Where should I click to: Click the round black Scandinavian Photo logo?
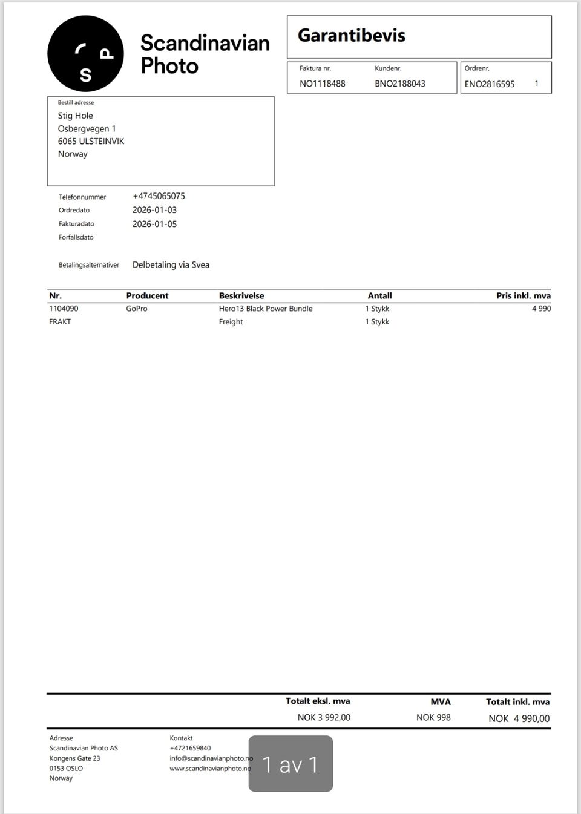click(85, 54)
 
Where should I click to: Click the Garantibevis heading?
click(351, 36)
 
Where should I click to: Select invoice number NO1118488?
click(322, 84)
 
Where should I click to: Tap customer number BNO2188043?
click(399, 84)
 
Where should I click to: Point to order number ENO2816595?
click(489, 84)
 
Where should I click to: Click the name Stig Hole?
click(75, 116)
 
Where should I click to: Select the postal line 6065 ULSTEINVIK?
click(91, 141)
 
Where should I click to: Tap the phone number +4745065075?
click(159, 196)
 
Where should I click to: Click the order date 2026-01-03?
click(154, 210)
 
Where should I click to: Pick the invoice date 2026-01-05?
click(154, 224)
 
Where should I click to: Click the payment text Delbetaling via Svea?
click(171, 264)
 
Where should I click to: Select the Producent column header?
click(147, 296)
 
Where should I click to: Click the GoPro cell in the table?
click(137, 309)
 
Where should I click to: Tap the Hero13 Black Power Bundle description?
click(266, 309)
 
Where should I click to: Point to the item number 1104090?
click(64, 309)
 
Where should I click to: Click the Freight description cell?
click(231, 322)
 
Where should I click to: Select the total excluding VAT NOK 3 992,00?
click(324, 717)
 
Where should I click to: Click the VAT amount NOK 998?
click(433, 717)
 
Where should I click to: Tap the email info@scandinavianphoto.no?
click(210, 758)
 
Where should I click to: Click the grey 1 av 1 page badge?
click(290, 764)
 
